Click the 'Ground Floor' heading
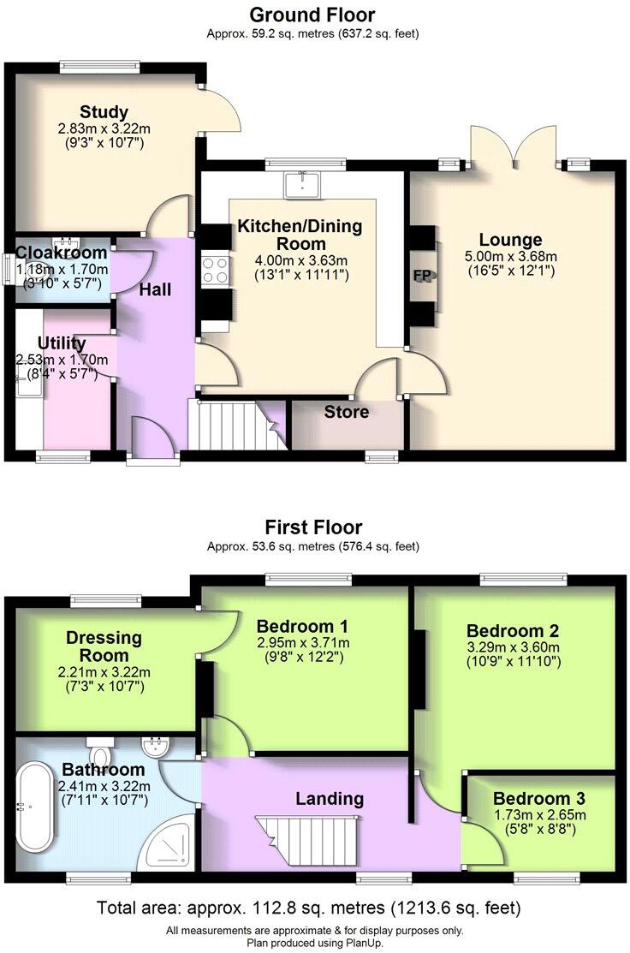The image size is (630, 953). [x=312, y=15]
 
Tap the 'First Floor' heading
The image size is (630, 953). [x=313, y=527]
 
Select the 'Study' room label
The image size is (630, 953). [x=104, y=112]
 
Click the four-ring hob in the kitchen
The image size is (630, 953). [x=216, y=271]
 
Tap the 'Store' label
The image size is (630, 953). [x=347, y=412]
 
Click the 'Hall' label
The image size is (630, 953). [x=156, y=289]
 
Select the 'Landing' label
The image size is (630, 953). [x=330, y=799]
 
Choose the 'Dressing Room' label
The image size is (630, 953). [x=104, y=646]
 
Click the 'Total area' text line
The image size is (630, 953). [x=308, y=907]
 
